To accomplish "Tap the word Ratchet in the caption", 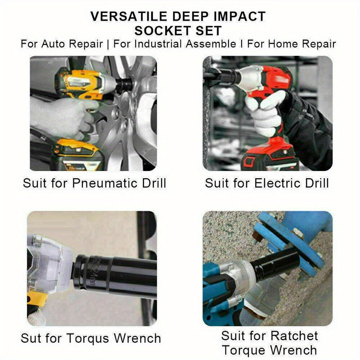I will [x=293, y=336].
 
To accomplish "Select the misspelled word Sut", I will [x=31, y=338].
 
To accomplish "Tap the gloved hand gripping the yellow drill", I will [x=61, y=115].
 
